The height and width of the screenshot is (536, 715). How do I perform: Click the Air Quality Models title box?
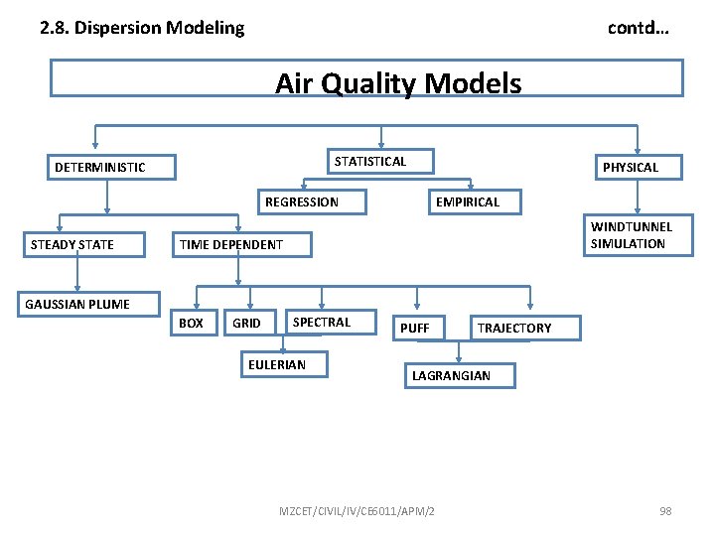coord(366,78)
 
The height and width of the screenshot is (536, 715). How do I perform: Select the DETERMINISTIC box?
coord(113,167)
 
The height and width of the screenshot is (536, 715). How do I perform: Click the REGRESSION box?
coord(313,201)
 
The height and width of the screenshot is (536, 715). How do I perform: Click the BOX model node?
coord(193,324)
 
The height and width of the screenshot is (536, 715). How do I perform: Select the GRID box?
coord(248,324)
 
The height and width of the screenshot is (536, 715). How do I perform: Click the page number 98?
coord(665,511)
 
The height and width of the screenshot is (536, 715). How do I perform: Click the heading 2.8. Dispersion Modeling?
coord(142,28)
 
